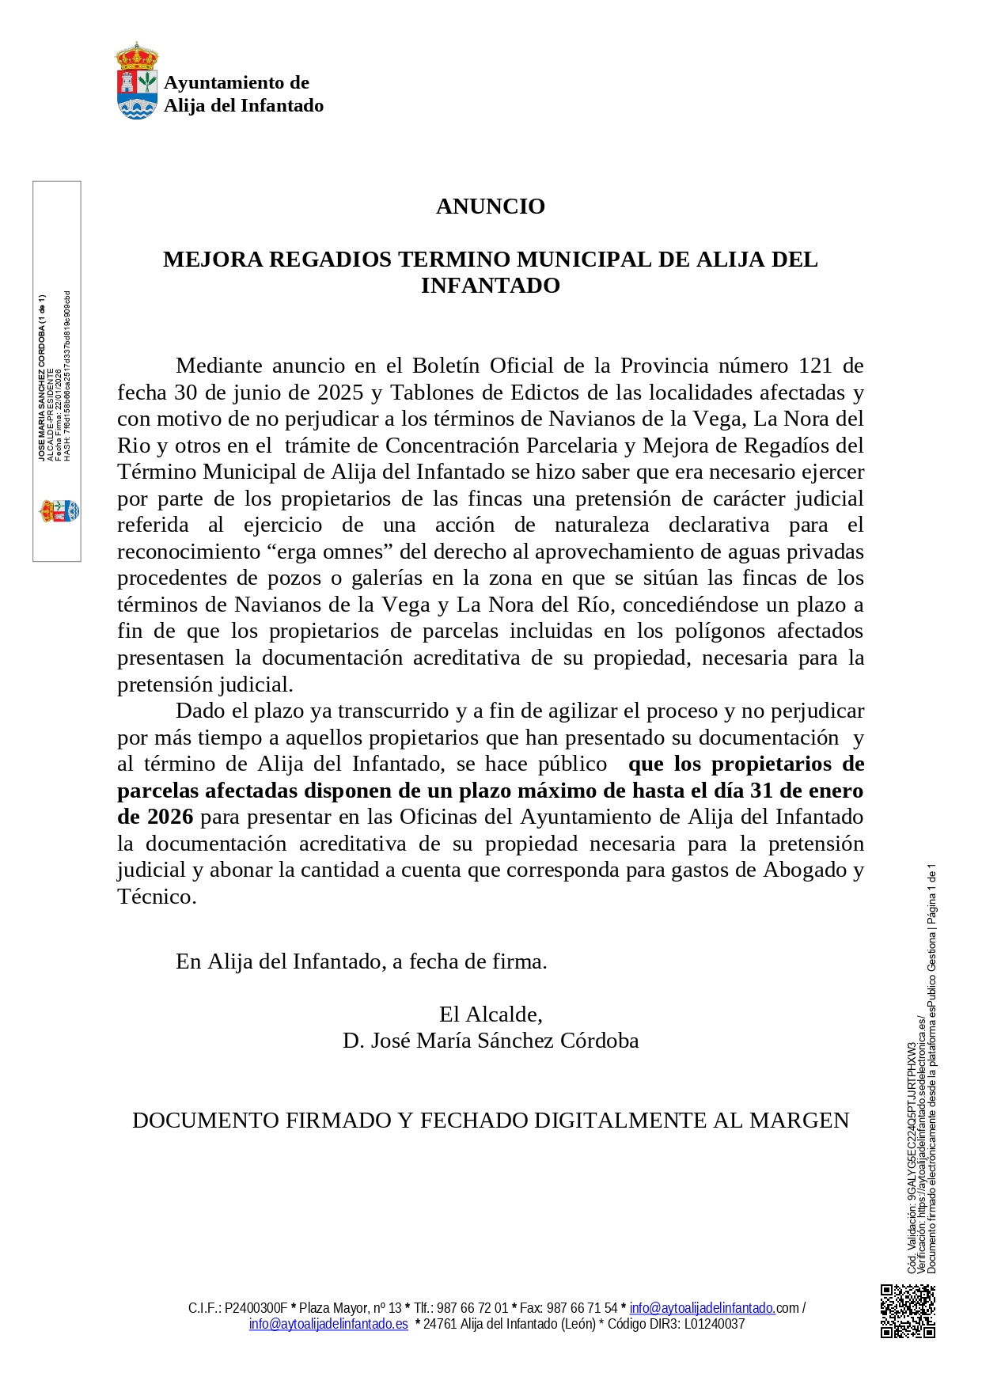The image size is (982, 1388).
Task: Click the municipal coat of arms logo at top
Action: [x=137, y=82]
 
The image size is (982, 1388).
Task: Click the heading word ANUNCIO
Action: [x=490, y=207]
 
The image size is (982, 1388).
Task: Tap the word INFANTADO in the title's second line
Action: [x=490, y=286]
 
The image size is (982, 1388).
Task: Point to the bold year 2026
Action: [x=170, y=817]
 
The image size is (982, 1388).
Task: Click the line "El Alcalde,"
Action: [x=490, y=1014]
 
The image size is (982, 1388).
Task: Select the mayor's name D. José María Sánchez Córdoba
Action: [x=490, y=1041]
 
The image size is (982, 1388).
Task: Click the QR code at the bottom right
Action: [x=908, y=1311]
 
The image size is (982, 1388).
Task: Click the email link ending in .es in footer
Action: [x=328, y=1324]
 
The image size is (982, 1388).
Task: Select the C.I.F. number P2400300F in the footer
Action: [x=256, y=1308]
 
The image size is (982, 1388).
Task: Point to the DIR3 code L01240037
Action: [x=715, y=1324]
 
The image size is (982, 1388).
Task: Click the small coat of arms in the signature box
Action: [x=59, y=511]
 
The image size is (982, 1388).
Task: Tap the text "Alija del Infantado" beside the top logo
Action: [x=243, y=106]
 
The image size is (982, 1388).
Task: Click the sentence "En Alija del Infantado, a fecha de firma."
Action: [x=361, y=961]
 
